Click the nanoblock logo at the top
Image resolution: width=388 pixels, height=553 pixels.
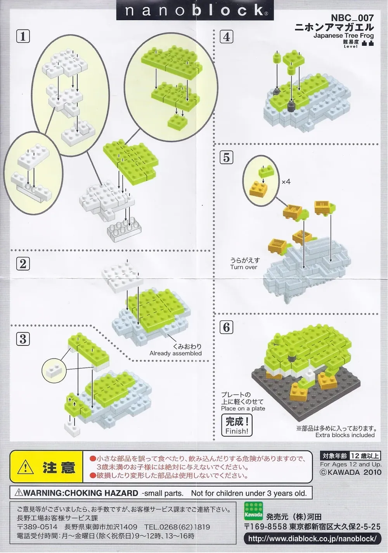coord(194,10)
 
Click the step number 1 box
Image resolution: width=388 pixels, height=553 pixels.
coord(23,36)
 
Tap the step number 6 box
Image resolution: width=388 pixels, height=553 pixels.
coord(227,327)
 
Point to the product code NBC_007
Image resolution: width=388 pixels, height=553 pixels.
coord(352,18)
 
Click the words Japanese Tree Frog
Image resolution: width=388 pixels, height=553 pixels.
coord(343,36)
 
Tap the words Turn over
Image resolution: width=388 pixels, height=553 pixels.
coord(244,267)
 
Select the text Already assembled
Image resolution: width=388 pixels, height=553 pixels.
coord(176,353)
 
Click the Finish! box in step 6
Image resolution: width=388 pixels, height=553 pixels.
coord(237,426)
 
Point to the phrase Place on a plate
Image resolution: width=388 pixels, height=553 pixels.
coord(243,408)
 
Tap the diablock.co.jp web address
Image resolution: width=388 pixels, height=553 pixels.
coord(312,539)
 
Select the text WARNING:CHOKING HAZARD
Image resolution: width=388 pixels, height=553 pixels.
coord(76,493)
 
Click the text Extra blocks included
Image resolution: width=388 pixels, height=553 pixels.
coord(345,435)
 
